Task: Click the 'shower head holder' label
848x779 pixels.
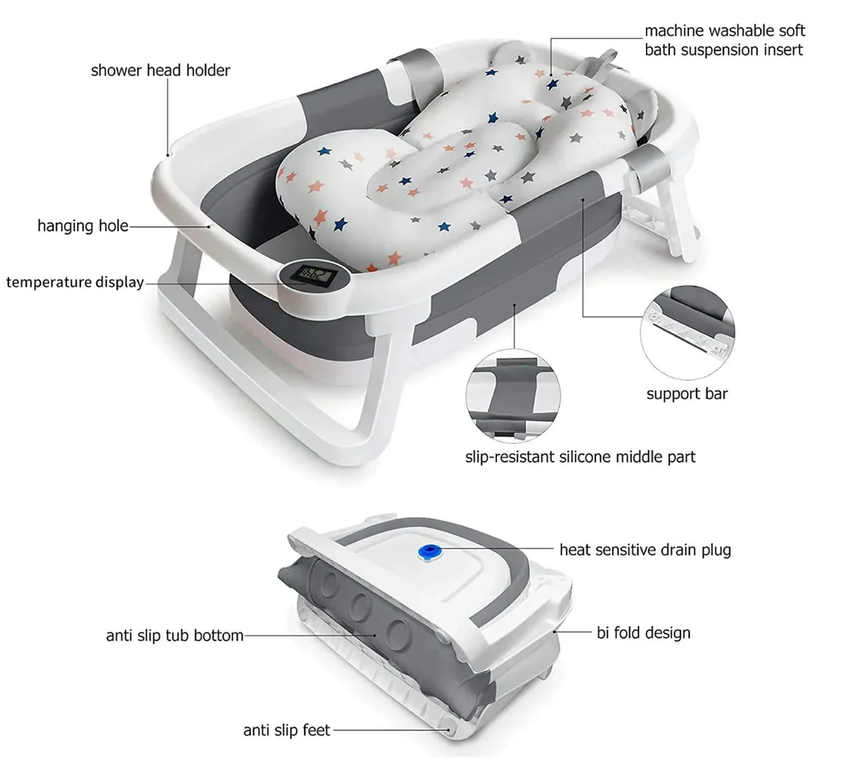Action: (161, 70)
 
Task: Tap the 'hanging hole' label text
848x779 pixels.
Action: (83, 225)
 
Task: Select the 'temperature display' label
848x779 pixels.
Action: (75, 282)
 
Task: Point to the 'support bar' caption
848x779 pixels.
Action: (687, 393)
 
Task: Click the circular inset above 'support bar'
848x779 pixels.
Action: (687, 332)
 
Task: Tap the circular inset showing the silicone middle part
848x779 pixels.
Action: (513, 396)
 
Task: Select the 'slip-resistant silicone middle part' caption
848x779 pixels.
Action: (581, 457)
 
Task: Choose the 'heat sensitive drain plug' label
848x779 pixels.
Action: (645, 550)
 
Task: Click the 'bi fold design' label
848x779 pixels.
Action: (643, 632)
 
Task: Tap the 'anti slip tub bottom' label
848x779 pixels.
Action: (175, 635)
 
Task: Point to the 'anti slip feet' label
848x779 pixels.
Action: (287, 730)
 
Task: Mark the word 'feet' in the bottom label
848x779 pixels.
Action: (316, 730)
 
